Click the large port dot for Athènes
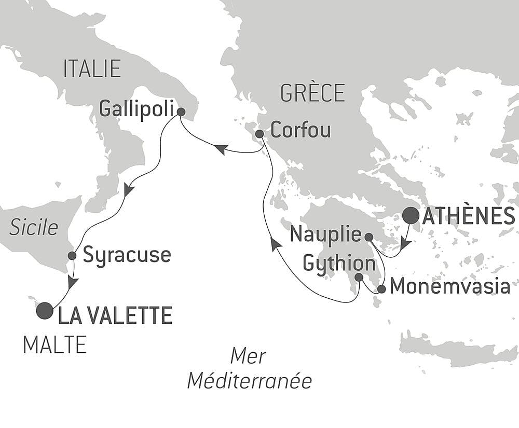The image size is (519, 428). tap(412, 215)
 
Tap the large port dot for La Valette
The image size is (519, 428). tap(45, 311)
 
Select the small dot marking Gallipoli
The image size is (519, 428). tap(181, 112)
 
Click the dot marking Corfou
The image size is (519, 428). tap(259, 134)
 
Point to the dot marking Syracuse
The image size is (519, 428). tap(72, 255)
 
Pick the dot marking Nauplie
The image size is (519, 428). tap(368, 237)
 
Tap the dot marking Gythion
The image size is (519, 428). tap(359, 277)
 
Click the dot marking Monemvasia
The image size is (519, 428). tap(381, 289)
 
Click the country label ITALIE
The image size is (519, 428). tap(92, 69)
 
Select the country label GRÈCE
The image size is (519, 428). tap(312, 93)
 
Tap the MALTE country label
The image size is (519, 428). tap(54, 345)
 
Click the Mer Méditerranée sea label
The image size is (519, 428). tap(249, 369)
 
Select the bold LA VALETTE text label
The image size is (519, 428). tap(115, 315)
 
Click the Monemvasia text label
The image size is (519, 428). tap(449, 286)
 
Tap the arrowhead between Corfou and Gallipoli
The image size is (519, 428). tap(220, 149)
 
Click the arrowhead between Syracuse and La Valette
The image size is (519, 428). tap(73, 282)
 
